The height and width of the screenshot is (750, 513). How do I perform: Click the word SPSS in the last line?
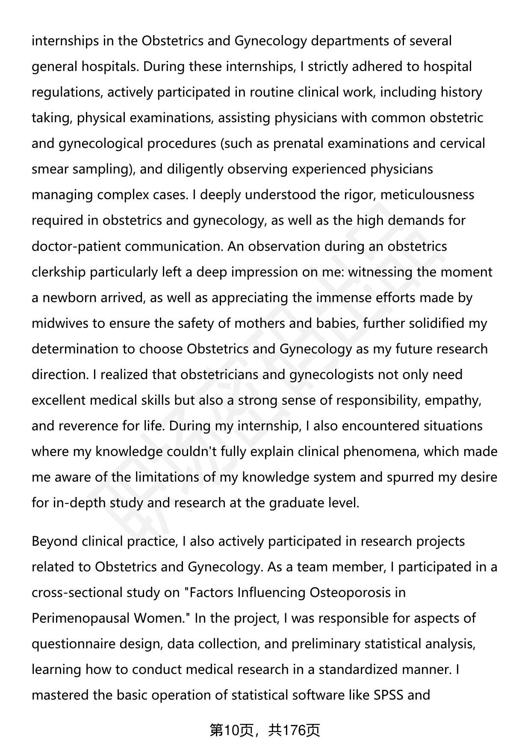(388, 695)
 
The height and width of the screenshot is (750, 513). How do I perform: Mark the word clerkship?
(59, 272)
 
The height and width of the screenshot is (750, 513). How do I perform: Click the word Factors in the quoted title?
(211, 592)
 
